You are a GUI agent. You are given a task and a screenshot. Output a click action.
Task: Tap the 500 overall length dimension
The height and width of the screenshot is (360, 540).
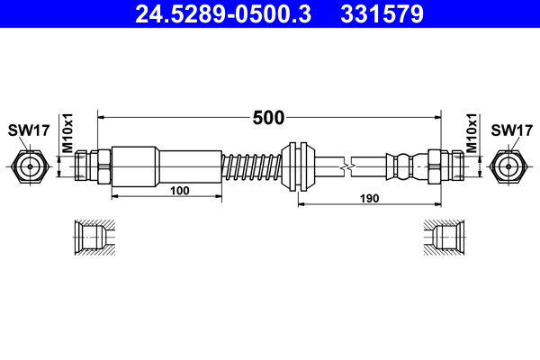(x=268, y=117)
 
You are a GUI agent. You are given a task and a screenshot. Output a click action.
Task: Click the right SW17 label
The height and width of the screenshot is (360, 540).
(x=511, y=130)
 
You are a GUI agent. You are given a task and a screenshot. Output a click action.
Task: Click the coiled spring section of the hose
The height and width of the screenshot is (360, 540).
(x=251, y=166)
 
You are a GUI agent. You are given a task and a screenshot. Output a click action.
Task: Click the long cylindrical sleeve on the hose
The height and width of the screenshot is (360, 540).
(x=166, y=166)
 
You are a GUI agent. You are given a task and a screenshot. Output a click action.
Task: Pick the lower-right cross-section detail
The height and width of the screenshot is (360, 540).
(x=445, y=237)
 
